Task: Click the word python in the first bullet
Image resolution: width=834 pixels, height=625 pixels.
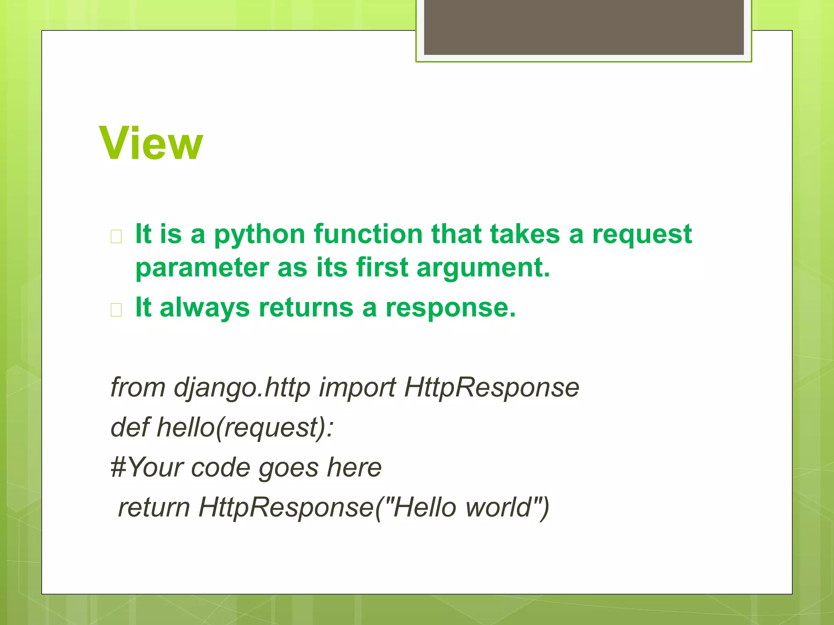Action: pyautogui.click(x=259, y=235)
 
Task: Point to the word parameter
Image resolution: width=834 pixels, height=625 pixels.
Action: pyautogui.click(x=202, y=269)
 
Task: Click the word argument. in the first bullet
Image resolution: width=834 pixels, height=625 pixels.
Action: pyautogui.click(x=483, y=269)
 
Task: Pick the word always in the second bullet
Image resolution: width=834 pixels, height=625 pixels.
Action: pyautogui.click(x=204, y=308)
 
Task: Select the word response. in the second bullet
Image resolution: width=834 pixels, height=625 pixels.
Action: pyautogui.click(x=450, y=308)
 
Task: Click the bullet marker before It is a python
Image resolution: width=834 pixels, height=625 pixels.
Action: pyautogui.click(x=116, y=236)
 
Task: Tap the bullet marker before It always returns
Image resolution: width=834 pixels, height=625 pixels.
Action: pyautogui.click(x=116, y=310)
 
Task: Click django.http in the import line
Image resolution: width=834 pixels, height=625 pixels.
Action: pyautogui.click(x=242, y=388)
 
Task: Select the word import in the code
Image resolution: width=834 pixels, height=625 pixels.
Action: pyautogui.click(x=357, y=388)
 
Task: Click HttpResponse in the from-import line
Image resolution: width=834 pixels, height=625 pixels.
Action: pyautogui.click(x=492, y=388)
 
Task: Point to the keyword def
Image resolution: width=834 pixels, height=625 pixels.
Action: pyautogui.click(x=129, y=427)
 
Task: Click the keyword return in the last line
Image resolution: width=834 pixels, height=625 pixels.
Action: pyautogui.click(x=154, y=508)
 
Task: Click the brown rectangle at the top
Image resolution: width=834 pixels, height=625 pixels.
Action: pyautogui.click(x=584, y=27)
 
